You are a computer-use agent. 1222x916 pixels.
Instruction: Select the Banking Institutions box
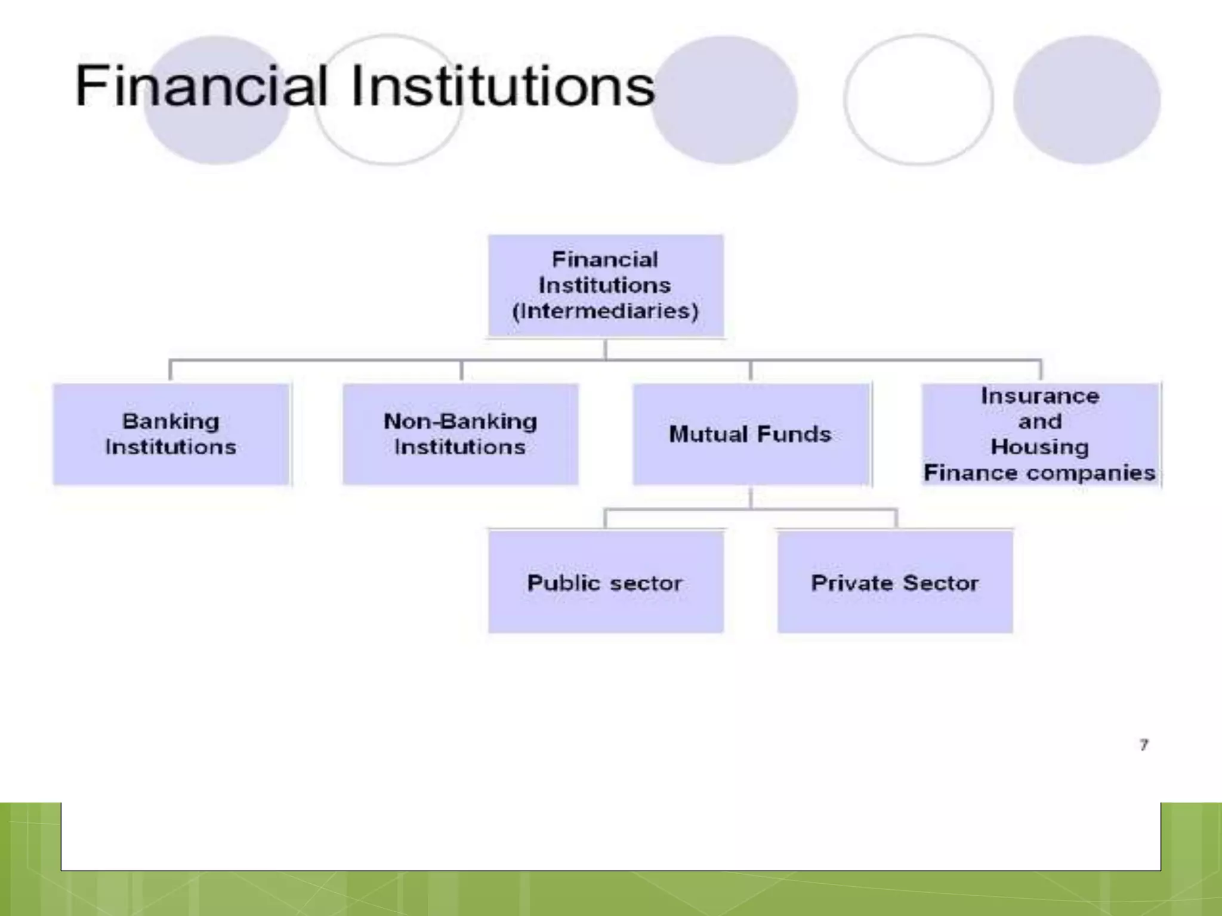coord(171,434)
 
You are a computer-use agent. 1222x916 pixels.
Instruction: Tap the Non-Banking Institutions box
coord(460,434)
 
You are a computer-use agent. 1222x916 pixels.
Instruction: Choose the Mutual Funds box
coord(751,434)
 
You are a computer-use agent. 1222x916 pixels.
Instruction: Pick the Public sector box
coord(605,582)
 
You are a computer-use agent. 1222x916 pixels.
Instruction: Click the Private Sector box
coord(894,582)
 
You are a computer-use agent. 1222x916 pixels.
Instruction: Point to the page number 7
coord(1143,745)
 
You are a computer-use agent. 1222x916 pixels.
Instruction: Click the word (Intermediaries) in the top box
coord(605,311)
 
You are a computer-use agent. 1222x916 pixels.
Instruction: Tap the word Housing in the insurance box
coord(1039,447)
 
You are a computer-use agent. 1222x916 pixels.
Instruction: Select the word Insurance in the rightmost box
coord(1039,396)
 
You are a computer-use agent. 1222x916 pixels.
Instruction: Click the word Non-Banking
coord(460,422)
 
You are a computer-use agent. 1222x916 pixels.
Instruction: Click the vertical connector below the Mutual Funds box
coord(751,497)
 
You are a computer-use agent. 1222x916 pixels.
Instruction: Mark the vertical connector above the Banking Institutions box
coord(171,370)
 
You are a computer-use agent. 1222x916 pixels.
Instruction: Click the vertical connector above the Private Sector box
coord(896,518)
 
